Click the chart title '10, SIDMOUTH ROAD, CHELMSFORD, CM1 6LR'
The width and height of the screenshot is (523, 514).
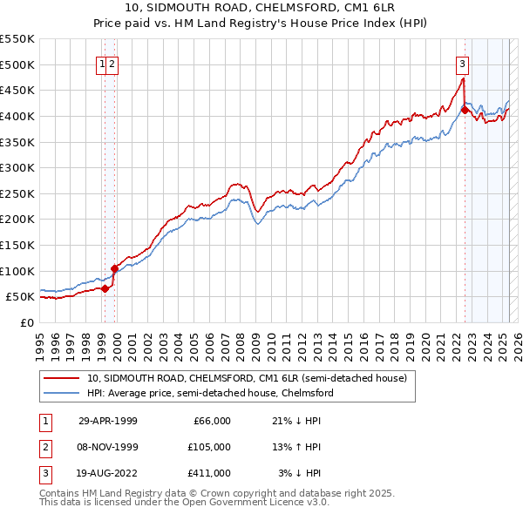pyautogui.click(x=262, y=9)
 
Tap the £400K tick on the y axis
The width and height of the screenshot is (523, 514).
pyautogui.click(x=17, y=116)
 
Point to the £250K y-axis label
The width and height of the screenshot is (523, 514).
pyautogui.click(x=17, y=193)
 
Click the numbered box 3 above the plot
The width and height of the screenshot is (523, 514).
pyautogui.click(x=461, y=63)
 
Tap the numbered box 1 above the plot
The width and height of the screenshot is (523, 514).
pyautogui.click(x=103, y=63)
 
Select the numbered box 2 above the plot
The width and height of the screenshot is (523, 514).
pyautogui.click(x=113, y=63)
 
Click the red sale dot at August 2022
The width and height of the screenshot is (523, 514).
pyautogui.click(x=465, y=110)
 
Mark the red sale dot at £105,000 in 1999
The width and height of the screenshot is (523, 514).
pyautogui.click(x=114, y=268)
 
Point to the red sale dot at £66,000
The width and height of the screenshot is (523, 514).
pyautogui.click(x=105, y=288)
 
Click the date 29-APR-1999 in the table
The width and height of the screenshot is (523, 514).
pyautogui.click(x=107, y=421)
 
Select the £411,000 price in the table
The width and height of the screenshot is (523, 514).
pyautogui.click(x=209, y=473)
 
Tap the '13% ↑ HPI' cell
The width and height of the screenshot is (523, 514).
pyautogui.click(x=296, y=447)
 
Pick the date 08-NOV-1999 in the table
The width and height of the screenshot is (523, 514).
pyautogui.click(x=107, y=447)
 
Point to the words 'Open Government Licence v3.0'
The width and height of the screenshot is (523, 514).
pyautogui.click(x=255, y=503)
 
